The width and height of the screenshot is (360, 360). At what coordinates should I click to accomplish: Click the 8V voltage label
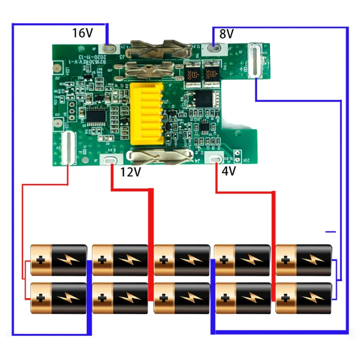click(227, 34)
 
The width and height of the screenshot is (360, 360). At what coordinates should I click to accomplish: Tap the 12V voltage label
click(130, 171)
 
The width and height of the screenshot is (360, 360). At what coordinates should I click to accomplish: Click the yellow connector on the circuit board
click(145, 113)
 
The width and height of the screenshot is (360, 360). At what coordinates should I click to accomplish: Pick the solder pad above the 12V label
click(110, 159)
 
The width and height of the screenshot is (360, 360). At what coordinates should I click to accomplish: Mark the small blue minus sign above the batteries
click(331, 232)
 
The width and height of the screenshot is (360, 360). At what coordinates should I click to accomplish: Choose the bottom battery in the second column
click(120, 298)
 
